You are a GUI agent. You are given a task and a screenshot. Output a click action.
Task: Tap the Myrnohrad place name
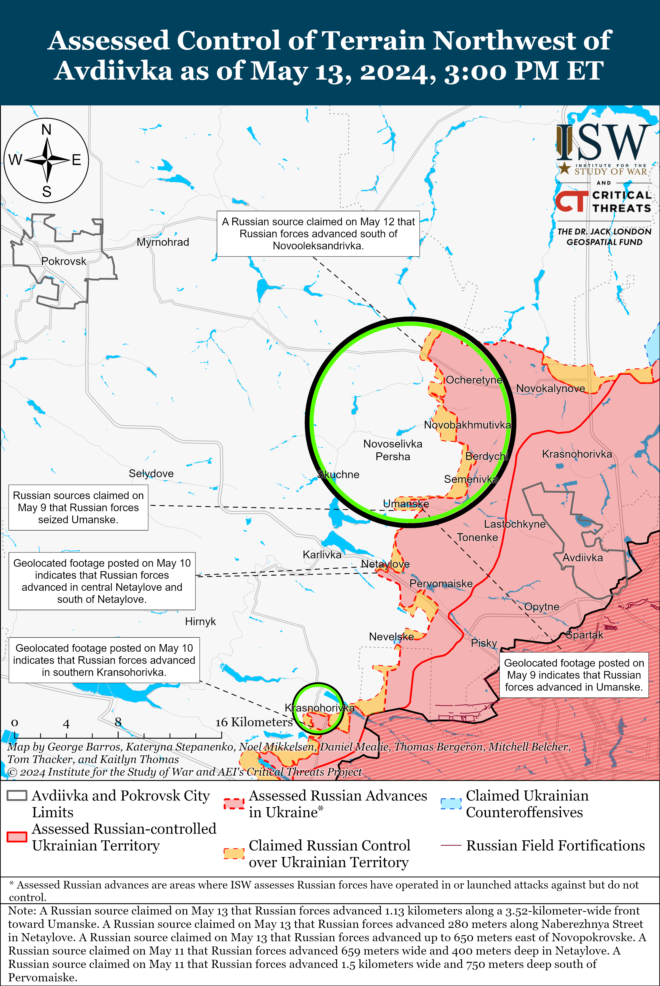(163, 242)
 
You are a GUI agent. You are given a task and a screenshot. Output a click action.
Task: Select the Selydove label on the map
(151, 473)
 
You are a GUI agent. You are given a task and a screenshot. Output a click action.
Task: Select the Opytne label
(542, 607)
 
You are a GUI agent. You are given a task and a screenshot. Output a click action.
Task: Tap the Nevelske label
(391, 637)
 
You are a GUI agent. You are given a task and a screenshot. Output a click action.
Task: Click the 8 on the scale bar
(118, 722)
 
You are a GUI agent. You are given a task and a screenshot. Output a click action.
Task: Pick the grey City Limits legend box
(17, 795)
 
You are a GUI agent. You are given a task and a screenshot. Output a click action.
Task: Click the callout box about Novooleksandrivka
(318, 234)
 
